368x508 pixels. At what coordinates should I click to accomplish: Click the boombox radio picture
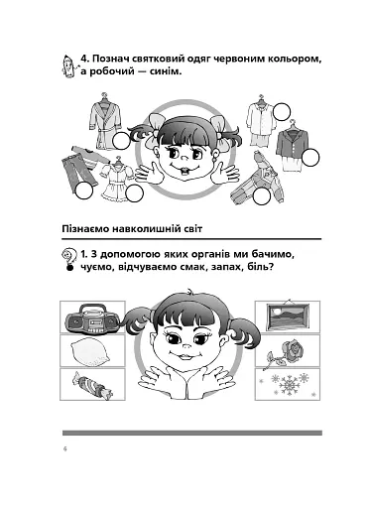pyautogui.click(x=92, y=319)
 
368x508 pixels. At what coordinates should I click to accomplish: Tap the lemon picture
pyautogui.click(x=90, y=351)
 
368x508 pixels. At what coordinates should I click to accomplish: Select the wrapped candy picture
pyautogui.click(x=92, y=386)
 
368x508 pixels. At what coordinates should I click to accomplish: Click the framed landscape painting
pyautogui.click(x=288, y=317)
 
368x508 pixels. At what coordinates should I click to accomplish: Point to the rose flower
pyautogui.click(x=284, y=354)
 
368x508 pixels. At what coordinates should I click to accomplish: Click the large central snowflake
pyautogui.click(x=289, y=385)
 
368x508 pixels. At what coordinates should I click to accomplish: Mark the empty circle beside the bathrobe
pyautogui.click(x=121, y=141)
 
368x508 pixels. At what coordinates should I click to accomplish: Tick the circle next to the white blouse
pyautogui.click(x=282, y=111)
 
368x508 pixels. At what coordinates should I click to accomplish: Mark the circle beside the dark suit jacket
pyautogui.click(x=310, y=158)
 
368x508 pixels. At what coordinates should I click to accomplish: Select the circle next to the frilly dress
pyautogui.click(x=135, y=193)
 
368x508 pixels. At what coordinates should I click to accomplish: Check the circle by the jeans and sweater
pyautogui.click(x=83, y=190)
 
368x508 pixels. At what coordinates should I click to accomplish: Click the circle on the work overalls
pyautogui.click(x=262, y=196)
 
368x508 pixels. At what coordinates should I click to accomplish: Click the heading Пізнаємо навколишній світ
pyautogui.click(x=132, y=228)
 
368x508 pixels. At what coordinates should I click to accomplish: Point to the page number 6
pyautogui.click(x=64, y=449)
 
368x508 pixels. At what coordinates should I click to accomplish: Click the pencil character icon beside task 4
pyautogui.click(x=68, y=65)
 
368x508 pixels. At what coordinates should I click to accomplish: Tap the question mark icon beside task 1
pyautogui.click(x=67, y=260)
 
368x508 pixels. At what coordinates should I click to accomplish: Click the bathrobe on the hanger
pyautogui.click(x=106, y=121)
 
